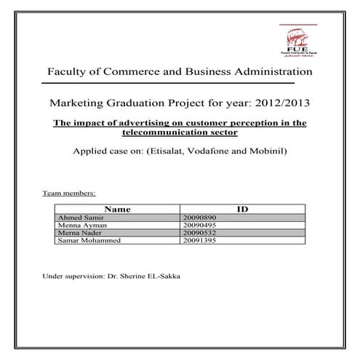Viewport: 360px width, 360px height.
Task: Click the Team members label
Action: click(69, 195)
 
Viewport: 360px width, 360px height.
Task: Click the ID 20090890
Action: click(197, 217)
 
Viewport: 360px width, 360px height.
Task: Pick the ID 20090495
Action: click(197, 225)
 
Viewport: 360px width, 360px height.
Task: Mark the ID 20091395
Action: click(197, 239)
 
